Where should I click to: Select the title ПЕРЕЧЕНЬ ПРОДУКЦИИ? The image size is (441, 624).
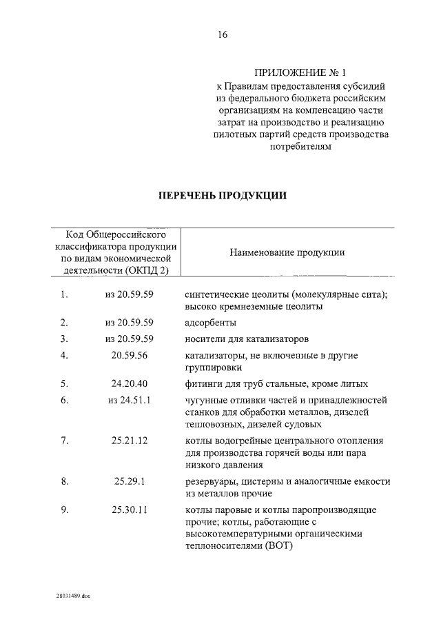pos(223,195)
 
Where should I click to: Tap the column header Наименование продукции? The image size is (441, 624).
pos(287,252)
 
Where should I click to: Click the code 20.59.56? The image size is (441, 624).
pos(130,356)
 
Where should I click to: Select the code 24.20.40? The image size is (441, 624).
pos(130,383)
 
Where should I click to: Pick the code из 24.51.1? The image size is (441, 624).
pos(130,400)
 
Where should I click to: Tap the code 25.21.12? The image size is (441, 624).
pos(130,441)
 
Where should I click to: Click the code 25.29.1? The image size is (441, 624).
pos(130,481)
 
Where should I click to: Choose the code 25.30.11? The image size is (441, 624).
pos(130,510)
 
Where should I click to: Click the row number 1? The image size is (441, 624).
pos(63,294)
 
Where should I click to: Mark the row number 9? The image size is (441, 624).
pos(64,510)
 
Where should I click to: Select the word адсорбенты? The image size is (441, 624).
pos(211,323)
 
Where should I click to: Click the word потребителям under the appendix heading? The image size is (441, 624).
pos(299,146)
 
